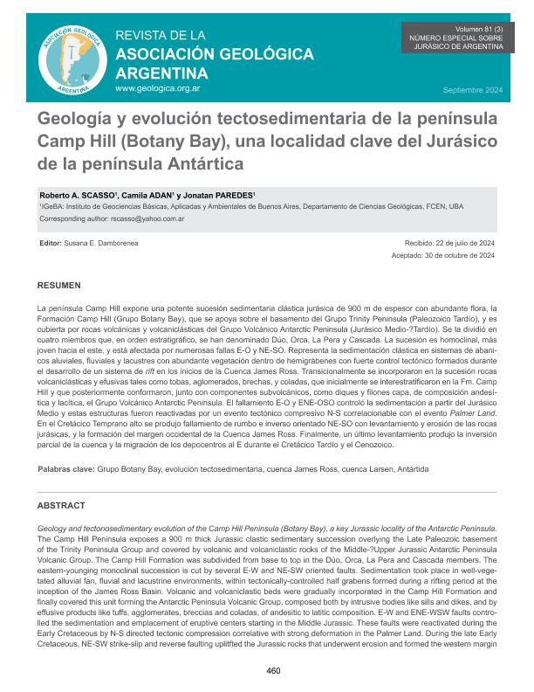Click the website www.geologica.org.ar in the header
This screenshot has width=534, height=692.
click(x=157, y=89)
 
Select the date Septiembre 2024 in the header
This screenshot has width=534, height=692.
click(x=473, y=91)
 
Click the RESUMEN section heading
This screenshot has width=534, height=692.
click(x=59, y=286)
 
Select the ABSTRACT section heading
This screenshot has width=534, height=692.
click(x=61, y=506)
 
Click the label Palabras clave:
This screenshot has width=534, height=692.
click(x=66, y=469)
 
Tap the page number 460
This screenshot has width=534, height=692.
click(x=273, y=671)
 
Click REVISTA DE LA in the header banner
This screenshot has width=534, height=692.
click(x=160, y=36)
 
